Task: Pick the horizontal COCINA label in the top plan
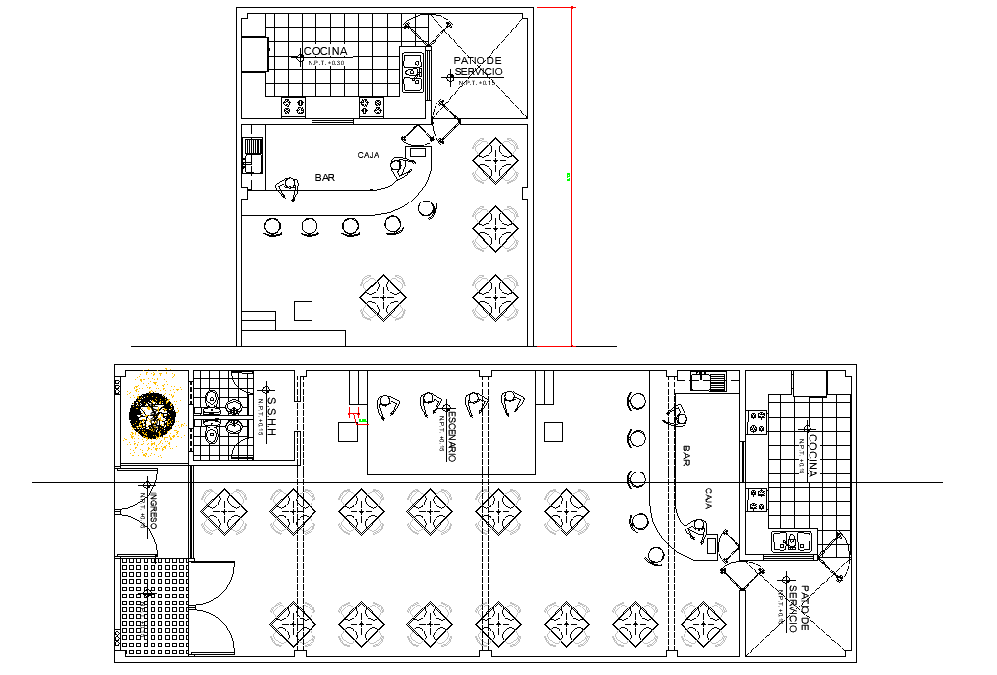point(324,51)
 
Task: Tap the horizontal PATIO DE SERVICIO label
point(478,67)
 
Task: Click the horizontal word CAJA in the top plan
point(369,155)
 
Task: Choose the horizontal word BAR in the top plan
point(324,177)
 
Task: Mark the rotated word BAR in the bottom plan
point(686,456)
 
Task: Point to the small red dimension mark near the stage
point(351,413)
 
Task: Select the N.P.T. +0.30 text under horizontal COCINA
point(324,63)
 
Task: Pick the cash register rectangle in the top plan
point(417,152)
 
